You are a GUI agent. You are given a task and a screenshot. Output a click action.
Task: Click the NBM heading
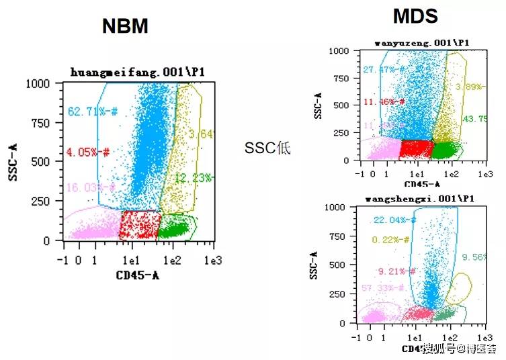tap(125, 26)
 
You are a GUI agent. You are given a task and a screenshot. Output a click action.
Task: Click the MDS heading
tap(415, 15)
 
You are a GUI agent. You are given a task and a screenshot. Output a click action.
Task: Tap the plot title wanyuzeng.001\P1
tap(422, 43)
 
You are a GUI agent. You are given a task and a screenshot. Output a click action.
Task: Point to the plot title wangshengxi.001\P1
tap(421, 199)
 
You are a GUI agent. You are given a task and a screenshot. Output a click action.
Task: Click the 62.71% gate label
tap(91, 111)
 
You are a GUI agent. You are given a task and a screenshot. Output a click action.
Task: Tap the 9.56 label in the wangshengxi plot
tap(473, 257)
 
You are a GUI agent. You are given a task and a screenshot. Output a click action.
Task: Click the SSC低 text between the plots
tap(268, 148)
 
